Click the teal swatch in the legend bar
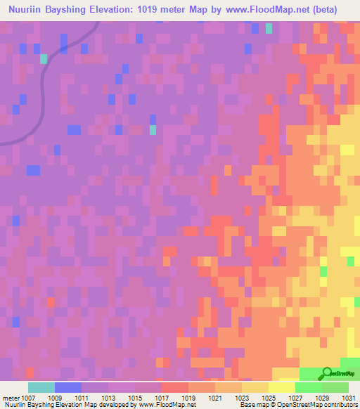tap(41, 387)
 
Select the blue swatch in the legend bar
tap(68, 387)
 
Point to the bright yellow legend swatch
tap(281, 387)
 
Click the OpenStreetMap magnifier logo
tap(326, 375)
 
